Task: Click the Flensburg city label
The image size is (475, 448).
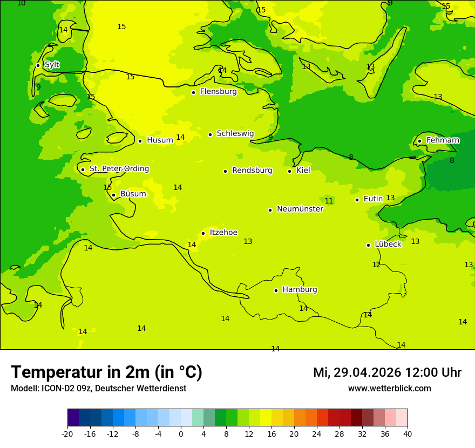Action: pyautogui.click(x=218, y=92)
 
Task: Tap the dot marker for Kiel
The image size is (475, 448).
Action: pyautogui.click(x=290, y=171)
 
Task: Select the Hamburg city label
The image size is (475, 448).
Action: pyautogui.click(x=300, y=290)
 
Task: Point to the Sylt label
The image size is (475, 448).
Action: pyautogui.click(x=52, y=65)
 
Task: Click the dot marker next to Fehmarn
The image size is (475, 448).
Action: pyautogui.click(x=419, y=141)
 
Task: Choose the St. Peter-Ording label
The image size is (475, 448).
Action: pyautogui.click(x=119, y=169)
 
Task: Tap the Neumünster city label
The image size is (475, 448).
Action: pyautogui.click(x=300, y=209)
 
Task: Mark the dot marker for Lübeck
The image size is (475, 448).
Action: pyautogui.click(x=369, y=245)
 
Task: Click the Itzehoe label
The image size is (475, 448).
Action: pyautogui.click(x=223, y=233)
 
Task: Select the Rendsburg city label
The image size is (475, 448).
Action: pyautogui.click(x=252, y=171)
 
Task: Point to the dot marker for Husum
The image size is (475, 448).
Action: pyautogui.click(x=140, y=141)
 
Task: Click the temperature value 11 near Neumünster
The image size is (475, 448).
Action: pyautogui.click(x=329, y=201)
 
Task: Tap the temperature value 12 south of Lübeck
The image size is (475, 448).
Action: pyautogui.click(x=376, y=265)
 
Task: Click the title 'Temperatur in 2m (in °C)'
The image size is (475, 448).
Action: pyautogui.click(x=106, y=372)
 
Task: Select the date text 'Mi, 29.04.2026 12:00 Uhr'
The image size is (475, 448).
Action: pyautogui.click(x=387, y=372)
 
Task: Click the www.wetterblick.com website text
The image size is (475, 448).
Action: pyautogui.click(x=389, y=389)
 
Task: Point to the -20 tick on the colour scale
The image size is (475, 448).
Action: pyautogui.click(x=67, y=433)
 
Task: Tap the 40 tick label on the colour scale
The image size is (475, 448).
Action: pyautogui.click(x=408, y=433)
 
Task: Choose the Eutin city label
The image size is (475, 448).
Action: pyautogui.click(x=373, y=199)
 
